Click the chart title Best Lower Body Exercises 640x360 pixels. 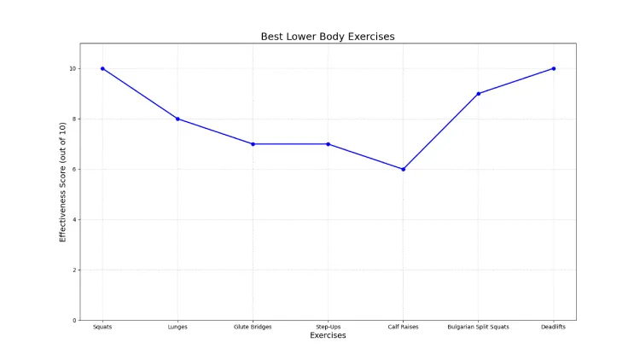328,37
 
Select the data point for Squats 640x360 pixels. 102,68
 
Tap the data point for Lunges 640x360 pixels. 177,119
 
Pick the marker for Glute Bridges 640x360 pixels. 253,144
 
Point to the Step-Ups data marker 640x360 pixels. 328,144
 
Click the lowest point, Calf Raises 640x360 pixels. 403,169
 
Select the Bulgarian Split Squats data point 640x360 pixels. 478,94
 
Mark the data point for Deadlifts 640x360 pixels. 554,68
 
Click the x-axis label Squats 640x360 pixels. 102,327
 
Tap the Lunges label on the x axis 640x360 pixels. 177,327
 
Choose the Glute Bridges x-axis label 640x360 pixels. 253,327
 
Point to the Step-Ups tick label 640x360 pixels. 328,327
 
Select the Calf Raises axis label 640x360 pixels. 403,327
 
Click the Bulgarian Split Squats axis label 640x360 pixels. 478,327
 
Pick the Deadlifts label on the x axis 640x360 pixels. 554,327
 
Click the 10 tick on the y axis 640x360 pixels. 73,68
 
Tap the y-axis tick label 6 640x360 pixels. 75,169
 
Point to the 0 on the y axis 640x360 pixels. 75,320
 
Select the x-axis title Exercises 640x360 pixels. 328,335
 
